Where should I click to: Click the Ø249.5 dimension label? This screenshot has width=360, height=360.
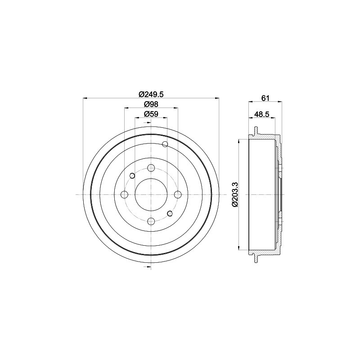pos(151,94)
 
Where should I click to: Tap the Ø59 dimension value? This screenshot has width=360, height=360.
pos(151,114)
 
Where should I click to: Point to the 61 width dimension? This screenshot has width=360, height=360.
pos(265,98)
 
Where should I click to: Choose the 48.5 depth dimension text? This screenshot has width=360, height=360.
pos(261,114)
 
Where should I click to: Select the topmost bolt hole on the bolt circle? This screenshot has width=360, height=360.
pos(151,168)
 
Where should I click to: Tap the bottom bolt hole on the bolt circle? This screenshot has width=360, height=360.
pos(151,221)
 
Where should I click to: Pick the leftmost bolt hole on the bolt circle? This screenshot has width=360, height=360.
pos(124,194)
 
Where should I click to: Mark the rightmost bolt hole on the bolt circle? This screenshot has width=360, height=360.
pos(177,194)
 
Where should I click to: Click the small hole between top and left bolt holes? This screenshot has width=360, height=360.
pos(132,175)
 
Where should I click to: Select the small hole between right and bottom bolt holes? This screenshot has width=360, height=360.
pos(170,213)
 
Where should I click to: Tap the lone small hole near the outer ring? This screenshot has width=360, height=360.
pos(165,144)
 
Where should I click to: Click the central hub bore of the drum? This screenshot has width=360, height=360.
pos(151,194)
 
